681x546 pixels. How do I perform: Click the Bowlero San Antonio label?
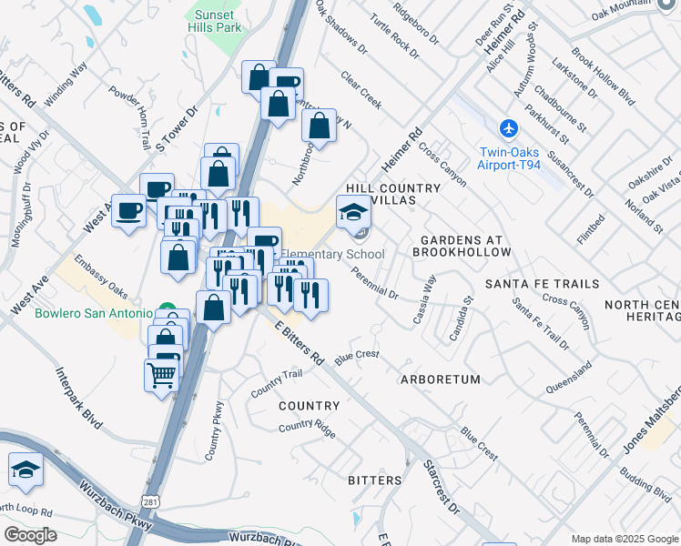coord(94,314)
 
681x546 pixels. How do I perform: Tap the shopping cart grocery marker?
coord(161,374)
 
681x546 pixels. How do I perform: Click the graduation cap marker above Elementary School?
coord(353,213)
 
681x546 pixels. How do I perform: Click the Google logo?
coord(29,535)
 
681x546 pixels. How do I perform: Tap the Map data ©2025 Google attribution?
coord(625,539)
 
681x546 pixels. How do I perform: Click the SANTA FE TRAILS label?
coord(542,284)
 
